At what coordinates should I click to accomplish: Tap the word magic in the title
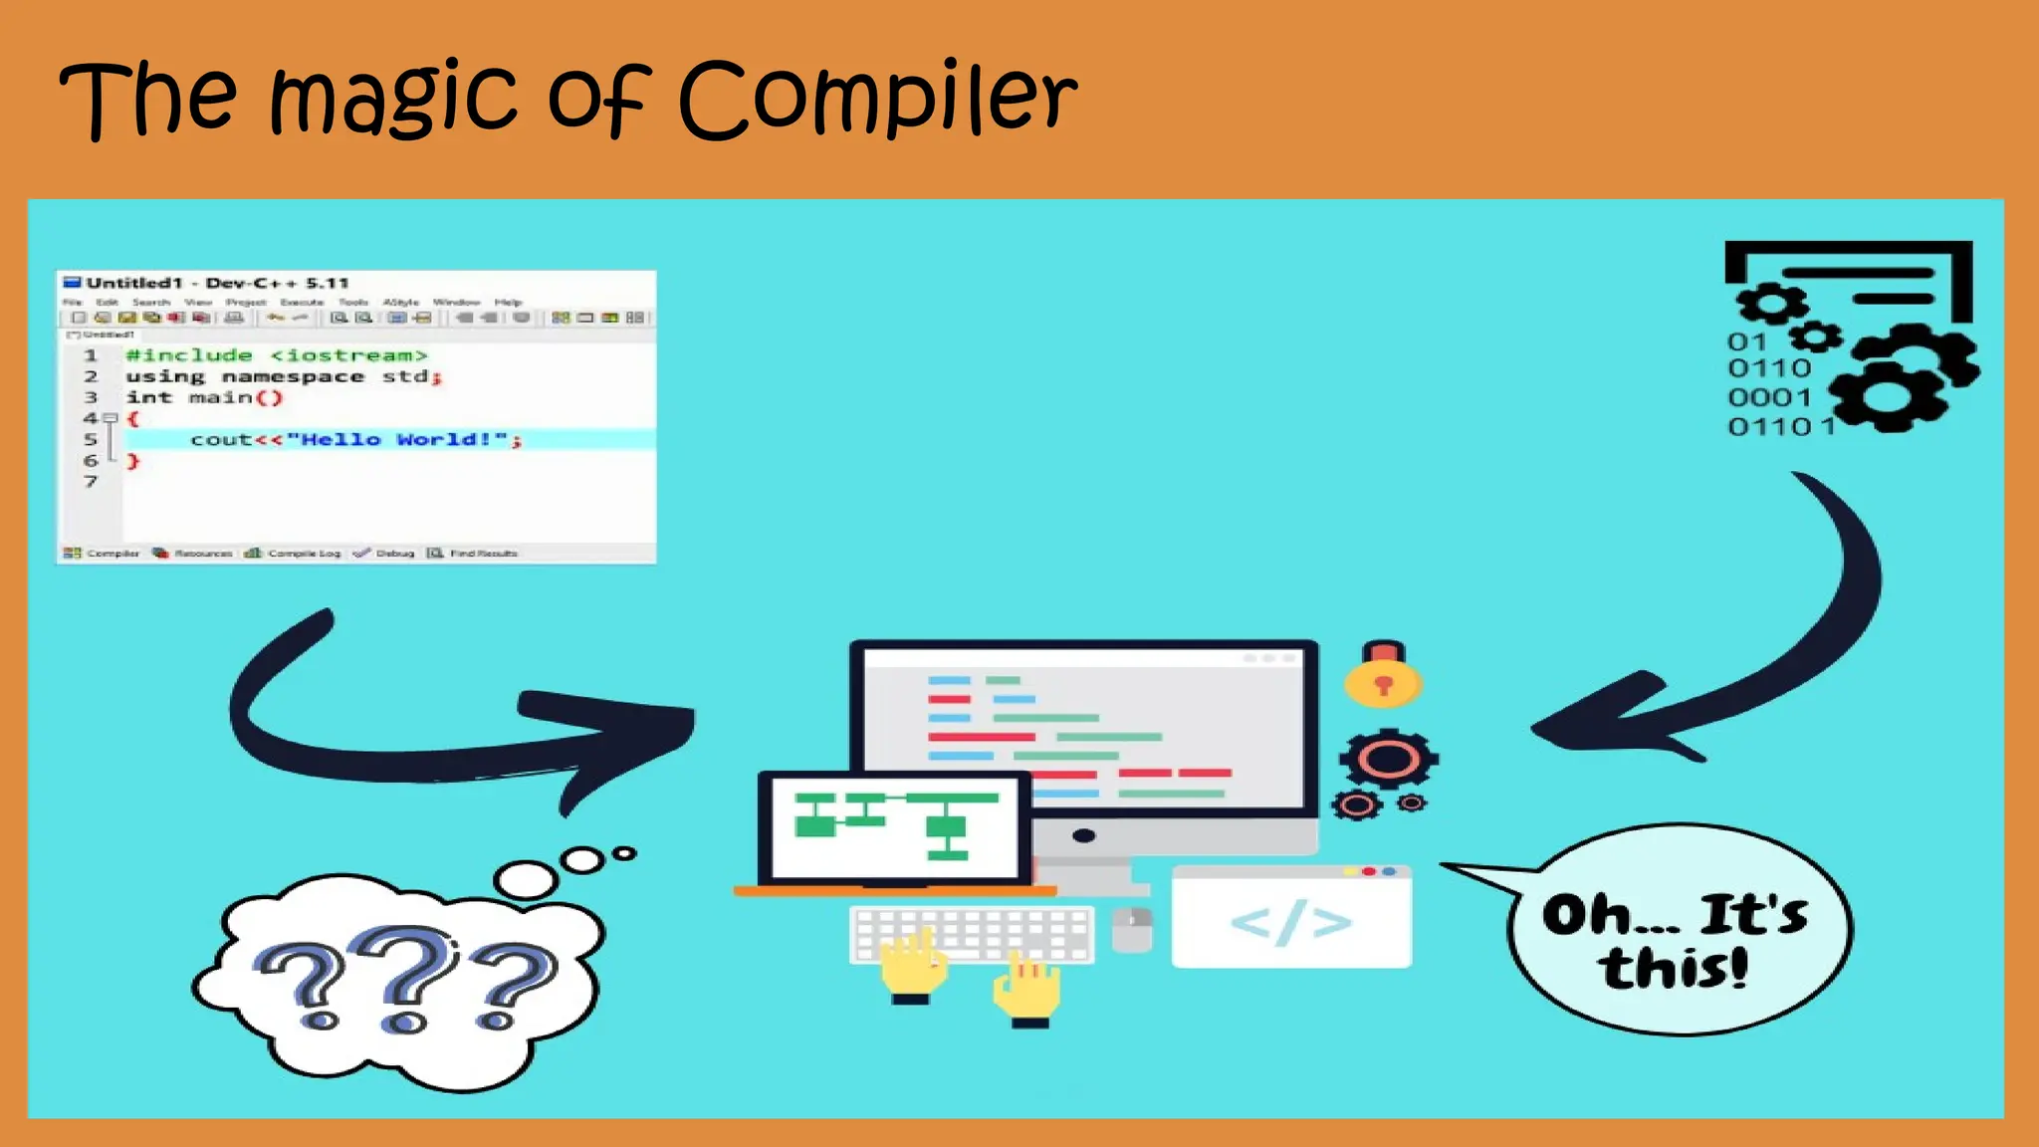pos(394,100)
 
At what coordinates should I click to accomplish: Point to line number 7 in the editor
pos(91,482)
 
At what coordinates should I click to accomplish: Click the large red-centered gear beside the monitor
pos(1388,760)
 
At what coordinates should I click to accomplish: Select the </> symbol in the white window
pos(1291,923)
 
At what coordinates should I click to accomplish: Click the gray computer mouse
pos(1131,929)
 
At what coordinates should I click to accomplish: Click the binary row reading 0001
pos(1769,397)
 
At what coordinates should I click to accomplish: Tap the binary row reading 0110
pos(1769,368)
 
